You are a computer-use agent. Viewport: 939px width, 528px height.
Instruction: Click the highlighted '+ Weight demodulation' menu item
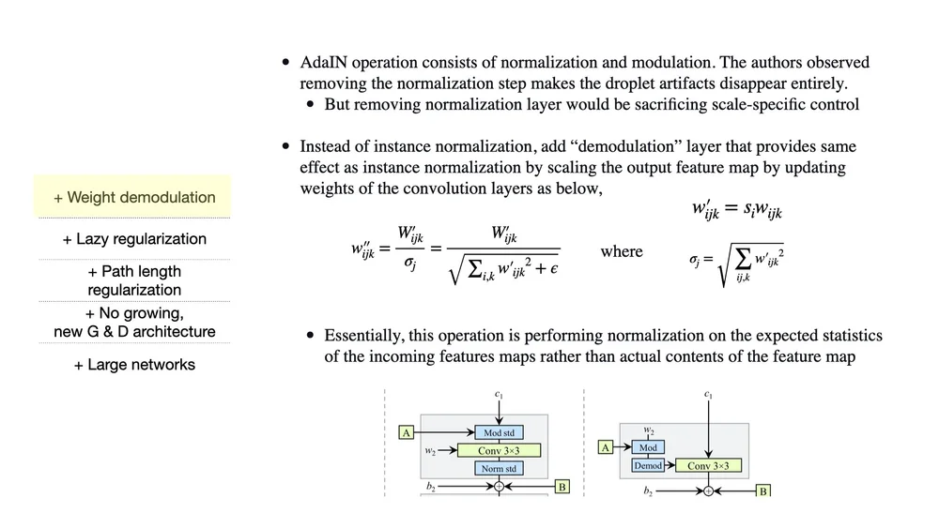(134, 197)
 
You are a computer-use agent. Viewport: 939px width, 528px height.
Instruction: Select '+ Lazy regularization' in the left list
(134, 239)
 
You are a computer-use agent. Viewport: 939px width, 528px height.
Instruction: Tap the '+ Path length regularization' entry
(134, 280)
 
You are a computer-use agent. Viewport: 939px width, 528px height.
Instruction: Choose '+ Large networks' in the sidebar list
(134, 364)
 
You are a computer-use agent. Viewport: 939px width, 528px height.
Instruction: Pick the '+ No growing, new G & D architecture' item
(134, 322)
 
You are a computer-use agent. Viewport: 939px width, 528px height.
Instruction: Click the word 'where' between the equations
(622, 251)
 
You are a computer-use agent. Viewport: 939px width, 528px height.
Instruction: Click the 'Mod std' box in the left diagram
(499, 432)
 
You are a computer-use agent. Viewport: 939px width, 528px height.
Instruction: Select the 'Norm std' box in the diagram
(499, 468)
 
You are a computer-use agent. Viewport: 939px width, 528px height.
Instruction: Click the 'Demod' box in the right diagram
(648, 465)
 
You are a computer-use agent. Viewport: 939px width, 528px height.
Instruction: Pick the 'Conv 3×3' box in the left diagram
(498, 450)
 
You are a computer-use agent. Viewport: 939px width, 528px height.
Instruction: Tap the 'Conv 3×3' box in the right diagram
(708, 465)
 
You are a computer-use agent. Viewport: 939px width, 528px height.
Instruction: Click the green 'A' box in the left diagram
(407, 432)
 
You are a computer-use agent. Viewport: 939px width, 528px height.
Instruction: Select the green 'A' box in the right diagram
(607, 448)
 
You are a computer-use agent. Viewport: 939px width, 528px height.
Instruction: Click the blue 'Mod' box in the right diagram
(648, 448)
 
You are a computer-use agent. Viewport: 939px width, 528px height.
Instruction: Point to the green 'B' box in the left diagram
(562, 487)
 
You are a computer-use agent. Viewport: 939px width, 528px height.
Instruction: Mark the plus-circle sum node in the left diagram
(500, 487)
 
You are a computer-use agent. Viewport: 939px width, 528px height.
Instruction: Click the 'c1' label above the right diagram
(708, 396)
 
